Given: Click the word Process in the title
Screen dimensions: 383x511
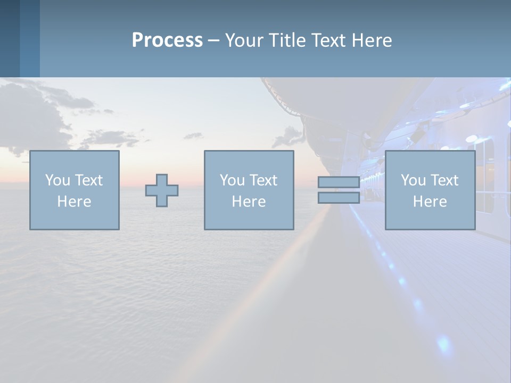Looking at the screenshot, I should [x=167, y=40].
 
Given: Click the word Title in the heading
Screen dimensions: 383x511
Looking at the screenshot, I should [x=286, y=40].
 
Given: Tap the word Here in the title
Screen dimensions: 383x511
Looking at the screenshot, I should [x=372, y=40].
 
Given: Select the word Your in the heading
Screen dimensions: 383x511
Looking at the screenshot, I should [x=243, y=40].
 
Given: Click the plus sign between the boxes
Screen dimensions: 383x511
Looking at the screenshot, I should [x=162, y=190].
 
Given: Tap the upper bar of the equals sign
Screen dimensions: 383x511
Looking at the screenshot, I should [x=339, y=182].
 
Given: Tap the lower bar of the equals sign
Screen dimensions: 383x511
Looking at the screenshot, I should [x=339, y=198].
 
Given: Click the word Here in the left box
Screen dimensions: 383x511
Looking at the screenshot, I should [x=74, y=202].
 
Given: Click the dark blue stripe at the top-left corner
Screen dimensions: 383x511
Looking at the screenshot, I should [x=10, y=38].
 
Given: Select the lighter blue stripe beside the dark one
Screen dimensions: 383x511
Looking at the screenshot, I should [x=30, y=38].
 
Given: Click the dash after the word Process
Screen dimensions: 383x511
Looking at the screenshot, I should [x=213, y=41].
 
